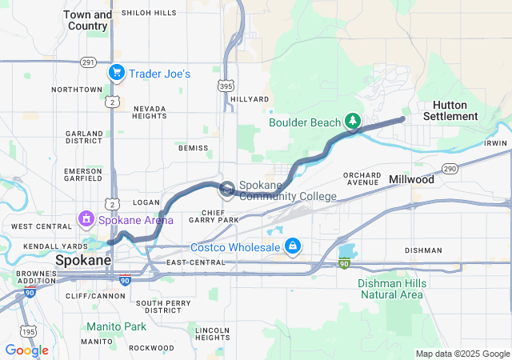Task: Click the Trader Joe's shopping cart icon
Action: [117, 73]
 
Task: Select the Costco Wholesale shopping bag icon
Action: [293, 246]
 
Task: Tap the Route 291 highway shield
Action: [88, 62]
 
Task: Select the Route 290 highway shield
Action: [450, 169]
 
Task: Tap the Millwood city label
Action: [411, 180]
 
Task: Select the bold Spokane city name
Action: [82, 261]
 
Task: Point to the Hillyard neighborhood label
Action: [250, 99]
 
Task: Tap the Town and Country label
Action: [87, 20]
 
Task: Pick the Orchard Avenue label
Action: [362, 178]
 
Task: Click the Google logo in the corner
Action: [26, 350]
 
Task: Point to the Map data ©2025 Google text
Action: [461, 354]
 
